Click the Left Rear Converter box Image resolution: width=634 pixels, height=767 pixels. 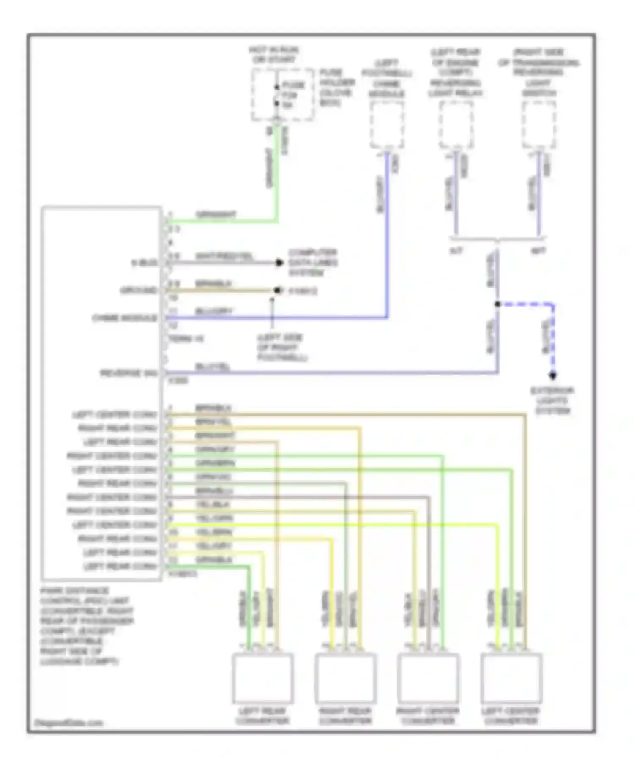262,678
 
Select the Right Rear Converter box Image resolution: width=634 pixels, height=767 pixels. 345,678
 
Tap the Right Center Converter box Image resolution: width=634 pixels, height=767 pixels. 428,678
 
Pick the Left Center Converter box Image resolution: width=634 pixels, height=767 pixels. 511,678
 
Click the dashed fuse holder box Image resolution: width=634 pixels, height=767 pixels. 282,95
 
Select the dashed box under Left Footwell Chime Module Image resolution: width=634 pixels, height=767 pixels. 387,125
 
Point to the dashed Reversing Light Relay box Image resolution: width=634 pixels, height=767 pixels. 456,125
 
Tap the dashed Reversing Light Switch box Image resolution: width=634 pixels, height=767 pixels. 539,125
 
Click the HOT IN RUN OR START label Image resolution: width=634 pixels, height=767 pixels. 274,55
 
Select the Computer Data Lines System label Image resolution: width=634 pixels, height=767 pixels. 313,263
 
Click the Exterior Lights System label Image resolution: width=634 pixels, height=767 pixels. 552,400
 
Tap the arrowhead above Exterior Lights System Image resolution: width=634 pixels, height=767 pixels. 552,375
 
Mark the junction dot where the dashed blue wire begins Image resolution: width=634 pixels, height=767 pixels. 497,304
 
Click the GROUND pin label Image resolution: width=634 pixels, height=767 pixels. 139,290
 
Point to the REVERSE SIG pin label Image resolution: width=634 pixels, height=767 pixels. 129,373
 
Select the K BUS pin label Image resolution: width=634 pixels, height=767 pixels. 145,263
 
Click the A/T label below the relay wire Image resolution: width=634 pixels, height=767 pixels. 456,251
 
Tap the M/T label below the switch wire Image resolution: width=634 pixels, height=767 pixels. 538,251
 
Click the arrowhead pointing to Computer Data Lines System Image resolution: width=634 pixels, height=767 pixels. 279,263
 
